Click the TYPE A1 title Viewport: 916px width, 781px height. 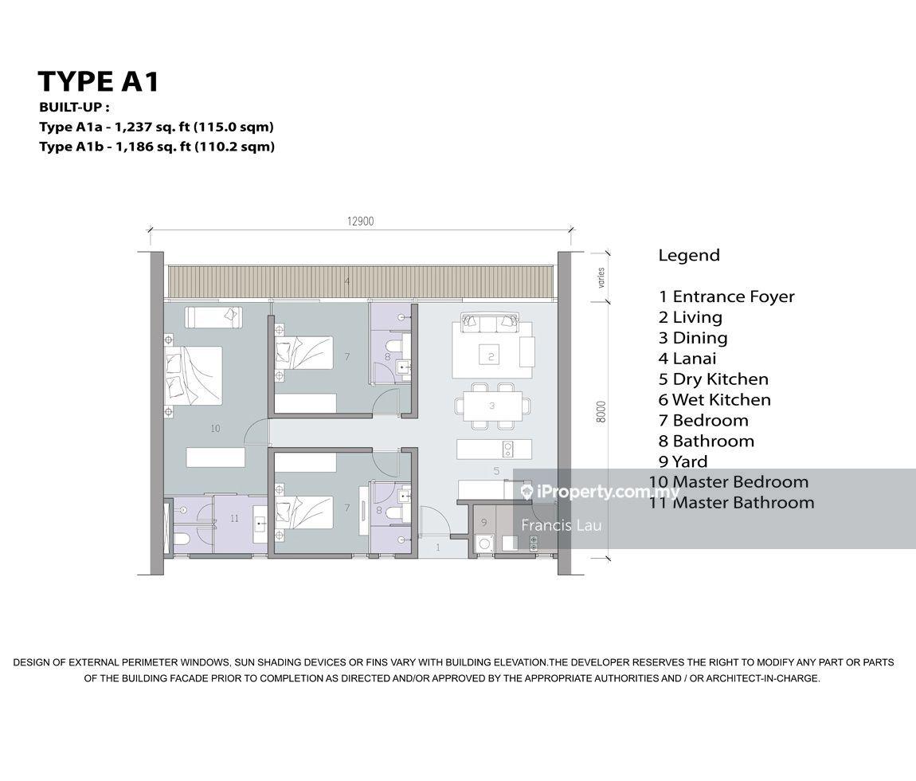point(98,81)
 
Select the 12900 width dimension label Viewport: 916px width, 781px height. point(361,221)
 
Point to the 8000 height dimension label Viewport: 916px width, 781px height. point(601,412)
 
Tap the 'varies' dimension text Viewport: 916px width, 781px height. point(601,277)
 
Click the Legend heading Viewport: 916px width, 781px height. point(689,256)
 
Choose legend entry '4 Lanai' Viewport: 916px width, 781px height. point(687,359)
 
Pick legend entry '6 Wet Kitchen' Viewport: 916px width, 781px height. point(714,400)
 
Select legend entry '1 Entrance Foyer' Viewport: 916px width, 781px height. point(726,297)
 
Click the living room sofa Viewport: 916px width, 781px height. point(491,323)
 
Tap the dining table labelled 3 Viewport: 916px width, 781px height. point(491,406)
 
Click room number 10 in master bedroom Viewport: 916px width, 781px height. point(215,429)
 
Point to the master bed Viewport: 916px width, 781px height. point(193,375)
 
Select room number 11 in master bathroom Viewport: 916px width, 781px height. point(234,518)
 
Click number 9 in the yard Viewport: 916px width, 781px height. point(483,521)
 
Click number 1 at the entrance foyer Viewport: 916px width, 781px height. point(439,547)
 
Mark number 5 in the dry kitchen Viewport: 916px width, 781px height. point(496,470)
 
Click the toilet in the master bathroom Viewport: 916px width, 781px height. point(181,539)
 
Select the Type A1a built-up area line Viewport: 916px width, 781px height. point(157,127)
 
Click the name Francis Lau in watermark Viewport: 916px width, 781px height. point(561,525)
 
